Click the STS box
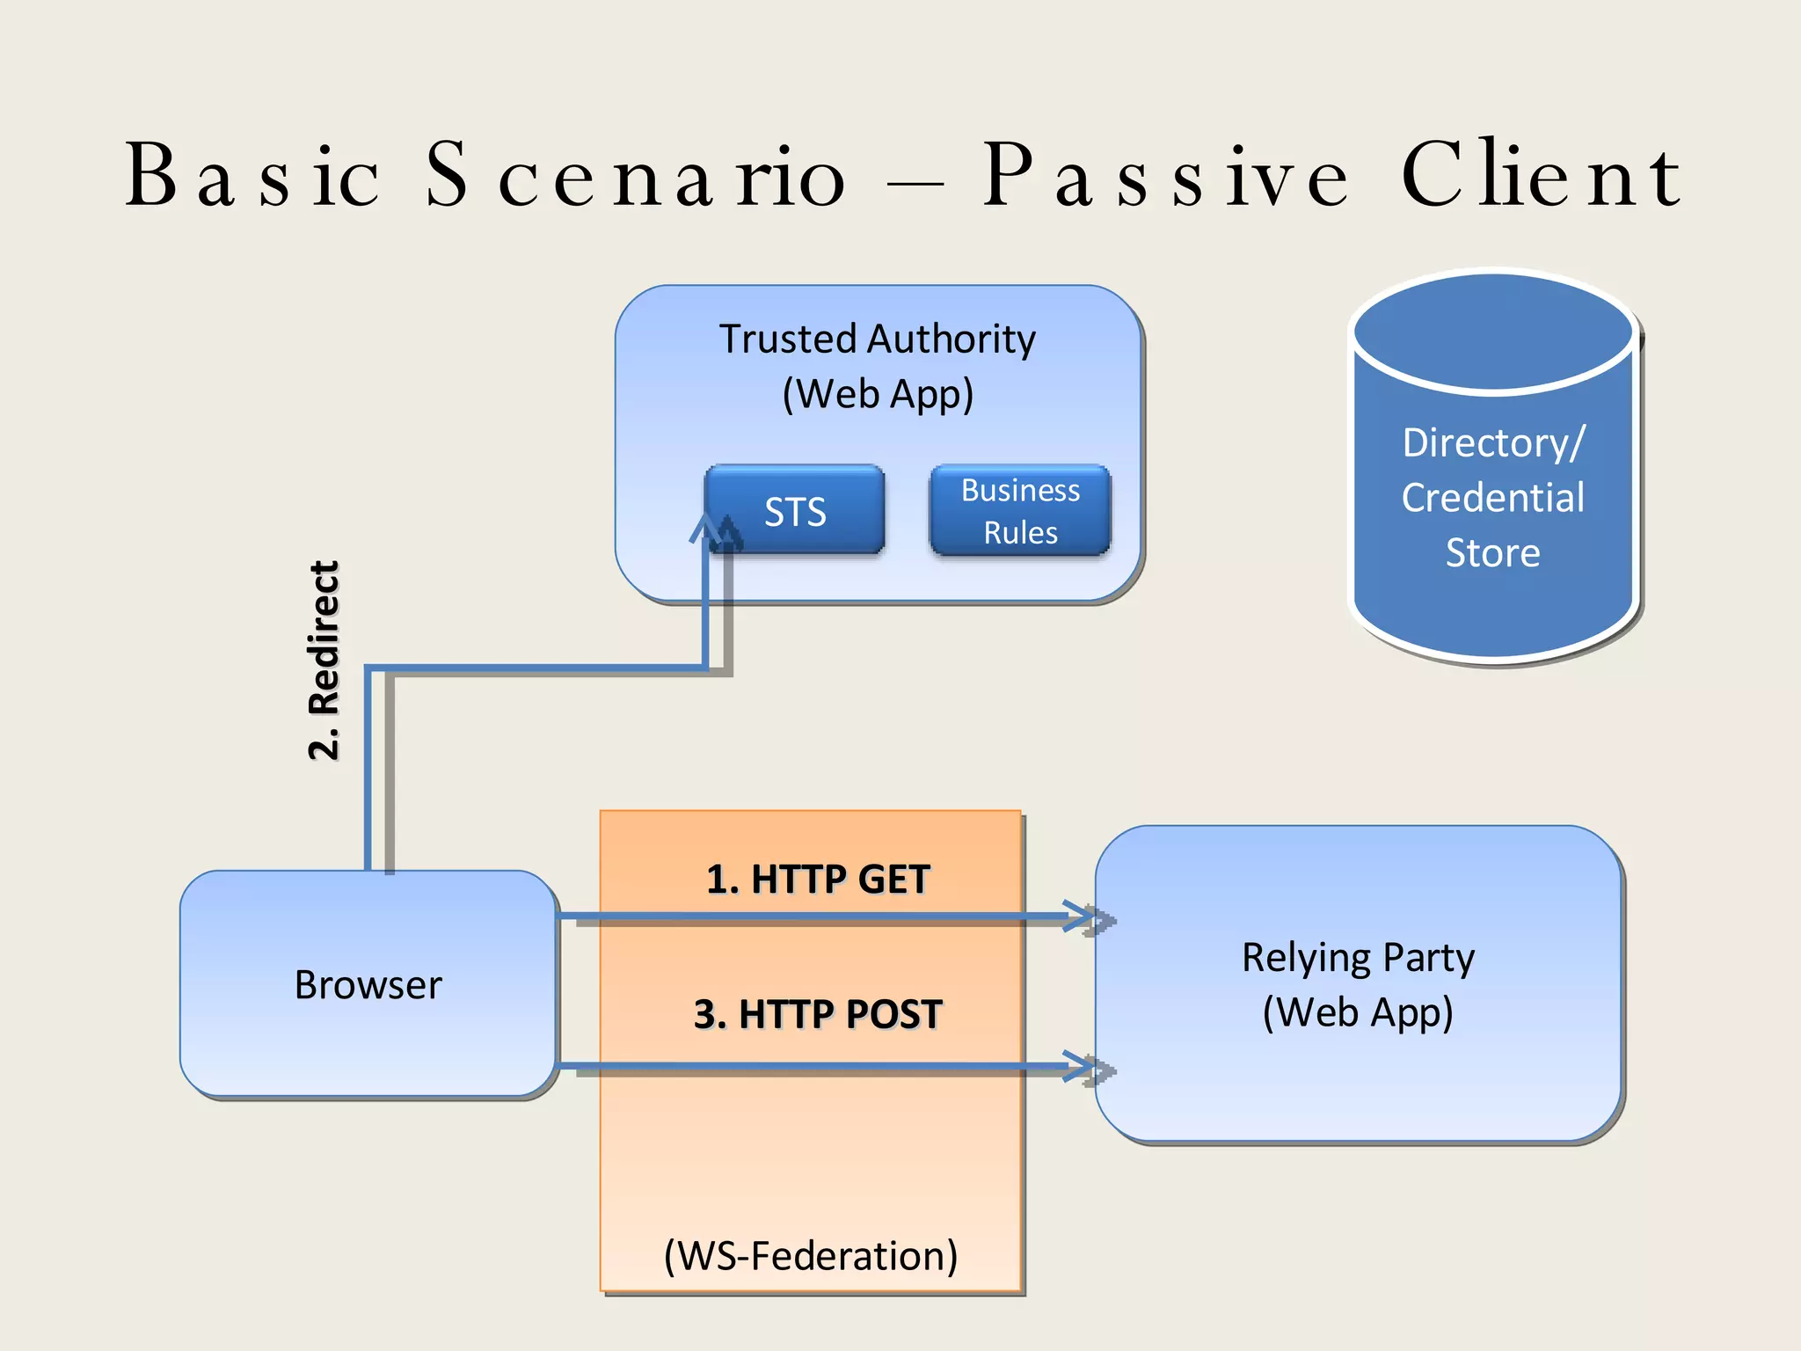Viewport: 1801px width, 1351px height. pyautogui.click(x=795, y=511)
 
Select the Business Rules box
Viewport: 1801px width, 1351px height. pyautogui.click(x=1020, y=511)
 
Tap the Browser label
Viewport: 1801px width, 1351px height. pyautogui.click(x=368, y=985)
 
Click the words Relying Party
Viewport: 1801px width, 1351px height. pyautogui.click(x=1358, y=957)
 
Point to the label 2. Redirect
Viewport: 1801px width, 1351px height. pyautogui.click(x=324, y=660)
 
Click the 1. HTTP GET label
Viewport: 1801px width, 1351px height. pyautogui.click(x=818, y=880)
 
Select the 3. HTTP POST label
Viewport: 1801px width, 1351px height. pyautogui.click(x=818, y=1014)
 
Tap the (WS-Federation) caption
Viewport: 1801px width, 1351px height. pyautogui.click(x=811, y=1255)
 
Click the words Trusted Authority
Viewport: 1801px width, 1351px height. pyautogui.click(x=878, y=339)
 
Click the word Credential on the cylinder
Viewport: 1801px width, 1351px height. pyautogui.click(x=1493, y=498)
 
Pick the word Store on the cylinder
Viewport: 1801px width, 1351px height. pyautogui.click(x=1493, y=553)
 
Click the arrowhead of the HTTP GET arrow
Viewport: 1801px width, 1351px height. pyautogui.click(x=1083, y=916)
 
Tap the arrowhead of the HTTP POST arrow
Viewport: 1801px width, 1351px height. pyautogui.click(x=1083, y=1066)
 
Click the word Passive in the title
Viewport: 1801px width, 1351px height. pyautogui.click(x=1165, y=176)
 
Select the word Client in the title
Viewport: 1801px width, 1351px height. pyautogui.click(x=1541, y=176)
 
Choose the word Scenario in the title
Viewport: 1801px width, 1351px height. pyautogui.click(x=635, y=176)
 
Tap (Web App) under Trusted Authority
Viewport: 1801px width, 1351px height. pyautogui.click(x=878, y=394)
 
